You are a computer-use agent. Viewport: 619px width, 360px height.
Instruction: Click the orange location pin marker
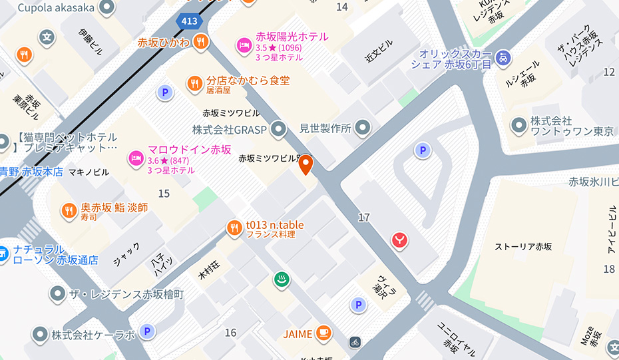306,164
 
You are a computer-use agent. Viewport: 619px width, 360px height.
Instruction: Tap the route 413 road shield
190,21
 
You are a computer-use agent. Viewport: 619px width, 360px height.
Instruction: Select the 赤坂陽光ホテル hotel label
292,37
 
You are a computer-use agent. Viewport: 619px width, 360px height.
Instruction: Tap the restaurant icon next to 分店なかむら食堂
194,83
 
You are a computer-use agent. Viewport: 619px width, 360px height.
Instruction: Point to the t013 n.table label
274,225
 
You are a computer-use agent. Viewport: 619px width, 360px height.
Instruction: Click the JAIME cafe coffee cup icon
323,331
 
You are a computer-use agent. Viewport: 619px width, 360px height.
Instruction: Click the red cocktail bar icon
399,238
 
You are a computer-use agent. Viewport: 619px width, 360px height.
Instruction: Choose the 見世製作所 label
325,128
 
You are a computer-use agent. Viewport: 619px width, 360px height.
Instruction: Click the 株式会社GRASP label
230,128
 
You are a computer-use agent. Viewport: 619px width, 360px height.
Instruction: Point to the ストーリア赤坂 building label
523,247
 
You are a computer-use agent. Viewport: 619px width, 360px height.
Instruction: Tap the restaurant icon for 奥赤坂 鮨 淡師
69,211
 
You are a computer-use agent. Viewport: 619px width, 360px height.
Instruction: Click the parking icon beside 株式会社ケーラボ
147,331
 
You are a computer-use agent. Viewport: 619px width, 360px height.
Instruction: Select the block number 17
363,217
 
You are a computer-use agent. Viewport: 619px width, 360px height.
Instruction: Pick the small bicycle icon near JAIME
355,342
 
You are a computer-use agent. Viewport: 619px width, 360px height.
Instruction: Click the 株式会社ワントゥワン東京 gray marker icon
518,124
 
